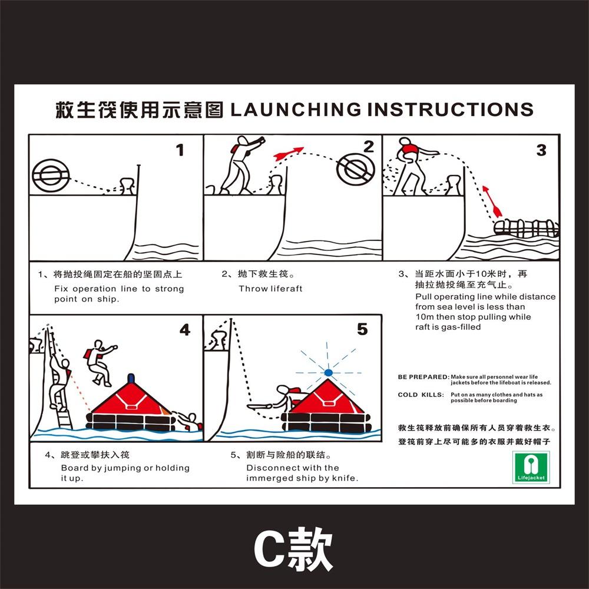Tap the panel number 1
180,150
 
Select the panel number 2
369,147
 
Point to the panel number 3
541,150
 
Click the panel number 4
185,330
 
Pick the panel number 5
362,329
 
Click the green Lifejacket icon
531,466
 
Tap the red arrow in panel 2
289,153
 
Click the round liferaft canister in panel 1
51,174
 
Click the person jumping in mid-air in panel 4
99,361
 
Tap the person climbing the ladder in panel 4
59,383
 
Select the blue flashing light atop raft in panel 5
328,372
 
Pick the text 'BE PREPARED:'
423,376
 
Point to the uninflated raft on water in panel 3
525,227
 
